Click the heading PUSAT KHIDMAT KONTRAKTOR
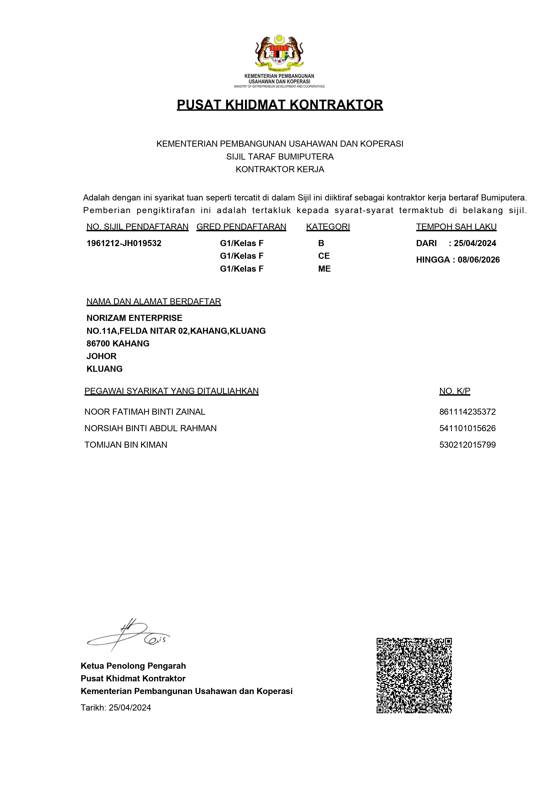[280, 105]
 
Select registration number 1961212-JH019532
[124, 243]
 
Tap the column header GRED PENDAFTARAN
[241, 227]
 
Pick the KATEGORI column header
[328, 227]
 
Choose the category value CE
[324, 256]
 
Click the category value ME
[324, 269]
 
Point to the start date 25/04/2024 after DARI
[475, 243]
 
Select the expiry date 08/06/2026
[478, 260]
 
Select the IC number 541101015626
[467, 428]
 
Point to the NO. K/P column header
[454, 391]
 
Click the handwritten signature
[128, 636]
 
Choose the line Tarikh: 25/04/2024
[116, 708]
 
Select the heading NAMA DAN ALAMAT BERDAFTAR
[154, 301]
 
